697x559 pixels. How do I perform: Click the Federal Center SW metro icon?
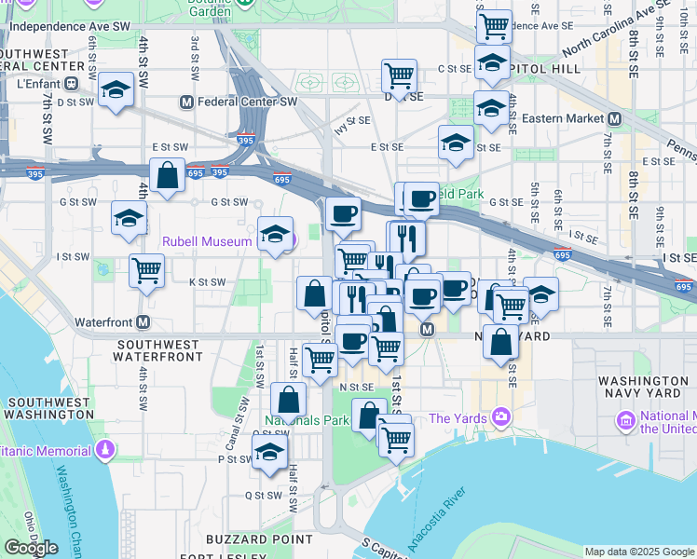(187, 102)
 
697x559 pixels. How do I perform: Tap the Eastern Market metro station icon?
(614, 119)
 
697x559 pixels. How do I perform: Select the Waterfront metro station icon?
(143, 321)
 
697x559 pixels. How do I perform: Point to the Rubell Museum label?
(207, 241)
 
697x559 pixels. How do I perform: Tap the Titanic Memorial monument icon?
(106, 451)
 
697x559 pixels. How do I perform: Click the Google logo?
(31, 548)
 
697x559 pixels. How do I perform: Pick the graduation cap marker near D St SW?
(116, 89)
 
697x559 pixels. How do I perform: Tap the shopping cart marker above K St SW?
(147, 270)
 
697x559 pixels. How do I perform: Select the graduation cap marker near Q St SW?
(269, 453)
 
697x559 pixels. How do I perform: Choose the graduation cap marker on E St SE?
(456, 143)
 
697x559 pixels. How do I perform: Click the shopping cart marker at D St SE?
(399, 74)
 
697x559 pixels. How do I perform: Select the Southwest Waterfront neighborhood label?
(159, 349)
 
